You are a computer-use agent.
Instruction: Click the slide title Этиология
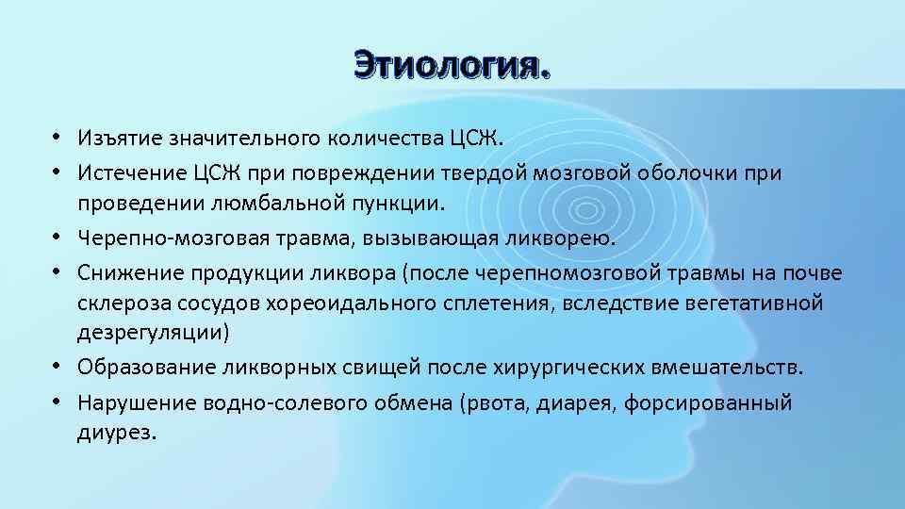click(x=451, y=66)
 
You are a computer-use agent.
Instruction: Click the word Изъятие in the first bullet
click(x=121, y=140)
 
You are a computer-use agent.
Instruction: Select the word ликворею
click(x=566, y=238)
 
